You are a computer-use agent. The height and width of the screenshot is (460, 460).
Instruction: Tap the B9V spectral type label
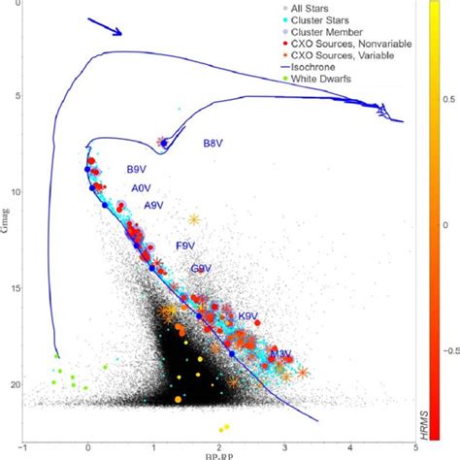click(137, 170)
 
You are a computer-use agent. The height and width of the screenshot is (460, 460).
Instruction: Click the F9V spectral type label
click(185, 246)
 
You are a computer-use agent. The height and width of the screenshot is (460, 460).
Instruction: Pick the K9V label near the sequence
click(248, 316)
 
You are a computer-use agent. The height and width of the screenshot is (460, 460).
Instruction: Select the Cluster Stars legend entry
click(318, 19)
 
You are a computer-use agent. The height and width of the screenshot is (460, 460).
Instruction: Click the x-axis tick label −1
click(21, 447)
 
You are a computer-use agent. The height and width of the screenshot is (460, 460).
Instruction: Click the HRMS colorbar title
click(450, 407)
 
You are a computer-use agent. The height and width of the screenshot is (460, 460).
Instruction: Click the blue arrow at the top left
click(104, 26)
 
